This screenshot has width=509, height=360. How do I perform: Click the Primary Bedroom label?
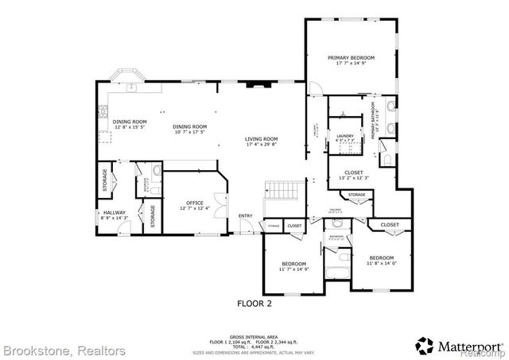click(x=351, y=58)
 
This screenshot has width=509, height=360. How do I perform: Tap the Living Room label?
click(x=261, y=139)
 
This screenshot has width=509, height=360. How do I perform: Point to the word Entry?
click(x=245, y=215)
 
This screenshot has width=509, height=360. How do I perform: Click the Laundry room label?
click(x=345, y=136)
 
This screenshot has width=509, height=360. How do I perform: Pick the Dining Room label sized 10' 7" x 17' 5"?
click(x=190, y=126)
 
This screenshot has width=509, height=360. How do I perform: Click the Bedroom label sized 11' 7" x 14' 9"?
click(x=293, y=263)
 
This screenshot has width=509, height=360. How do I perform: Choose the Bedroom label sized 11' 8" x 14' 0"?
click(x=381, y=257)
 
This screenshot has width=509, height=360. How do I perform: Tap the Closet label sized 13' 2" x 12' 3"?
click(x=353, y=172)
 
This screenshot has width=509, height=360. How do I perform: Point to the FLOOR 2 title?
click(x=254, y=303)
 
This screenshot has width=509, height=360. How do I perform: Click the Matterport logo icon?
click(x=425, y=344)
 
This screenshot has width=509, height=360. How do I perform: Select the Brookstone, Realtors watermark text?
click(x=64, y=350)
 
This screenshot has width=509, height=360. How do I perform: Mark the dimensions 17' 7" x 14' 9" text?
click(x=351, y=64)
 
